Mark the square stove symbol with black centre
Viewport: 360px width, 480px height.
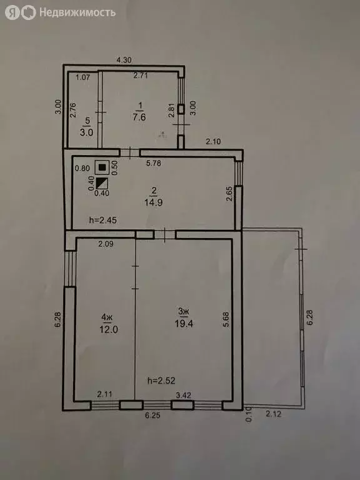point(101,167)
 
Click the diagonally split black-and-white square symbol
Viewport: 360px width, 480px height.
point(101,183)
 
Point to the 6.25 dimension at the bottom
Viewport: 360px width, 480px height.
point(153,414)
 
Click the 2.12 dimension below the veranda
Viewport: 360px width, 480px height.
point(273,413)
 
